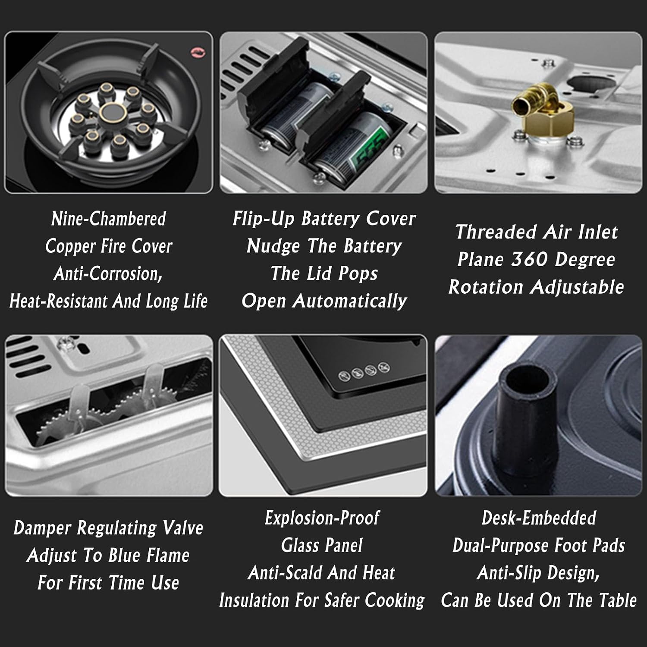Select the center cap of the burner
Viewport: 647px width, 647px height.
tap(113, 113)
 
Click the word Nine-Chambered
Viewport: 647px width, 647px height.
tap(108, 219)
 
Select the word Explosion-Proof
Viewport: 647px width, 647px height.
tap(322, 518)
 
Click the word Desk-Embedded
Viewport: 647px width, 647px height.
tap(539, 518)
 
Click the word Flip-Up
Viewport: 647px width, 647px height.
tap(264, 219)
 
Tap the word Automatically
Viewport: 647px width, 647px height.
tap(350, 301)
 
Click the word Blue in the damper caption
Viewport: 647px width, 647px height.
tap(126, 556)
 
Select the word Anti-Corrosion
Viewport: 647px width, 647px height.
tap(108, 274)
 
